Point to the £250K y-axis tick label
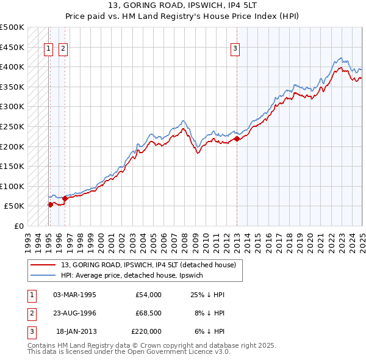[x=12, y=126]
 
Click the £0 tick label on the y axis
[x=18, y=226]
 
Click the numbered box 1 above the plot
[x=48, y=50]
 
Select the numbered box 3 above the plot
[x=235, y=50]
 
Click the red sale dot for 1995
[x=50, y=204]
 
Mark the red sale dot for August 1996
[x=65, y=198]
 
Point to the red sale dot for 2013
[x=237, y=139]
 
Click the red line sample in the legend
[x=43, y=265]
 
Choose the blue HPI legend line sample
[x=43, y=275]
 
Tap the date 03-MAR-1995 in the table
[x=75, y=295]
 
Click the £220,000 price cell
[x=146, y=331]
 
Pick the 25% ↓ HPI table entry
[x=207, y=295]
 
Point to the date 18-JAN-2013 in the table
[x=76, y=331]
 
